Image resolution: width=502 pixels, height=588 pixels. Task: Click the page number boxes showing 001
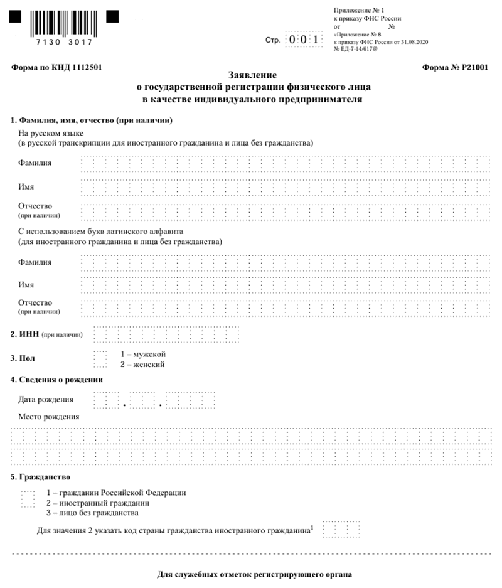[304, 40]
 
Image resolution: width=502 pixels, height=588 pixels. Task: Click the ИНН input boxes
[166, 334]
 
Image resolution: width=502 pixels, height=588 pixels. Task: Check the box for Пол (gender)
[100, 359]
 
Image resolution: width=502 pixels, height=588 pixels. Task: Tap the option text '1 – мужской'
[142, 354]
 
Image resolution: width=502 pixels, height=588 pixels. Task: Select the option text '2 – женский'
[142, 364]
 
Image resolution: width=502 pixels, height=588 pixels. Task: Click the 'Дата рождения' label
[46, 399]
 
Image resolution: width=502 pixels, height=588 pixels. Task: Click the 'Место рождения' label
[48, 416]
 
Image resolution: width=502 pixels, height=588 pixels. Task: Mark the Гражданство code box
[28, 499]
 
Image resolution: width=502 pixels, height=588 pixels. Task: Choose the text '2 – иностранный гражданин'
[98, 503]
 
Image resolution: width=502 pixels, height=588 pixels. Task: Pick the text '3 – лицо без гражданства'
[92, 513]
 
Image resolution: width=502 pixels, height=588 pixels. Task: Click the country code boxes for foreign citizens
[342, 530]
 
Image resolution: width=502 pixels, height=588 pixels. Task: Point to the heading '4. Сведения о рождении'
[56, 380]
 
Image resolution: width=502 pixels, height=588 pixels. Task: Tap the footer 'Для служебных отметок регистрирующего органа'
[254, 574]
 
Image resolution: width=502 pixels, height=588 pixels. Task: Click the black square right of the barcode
[112, 17]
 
